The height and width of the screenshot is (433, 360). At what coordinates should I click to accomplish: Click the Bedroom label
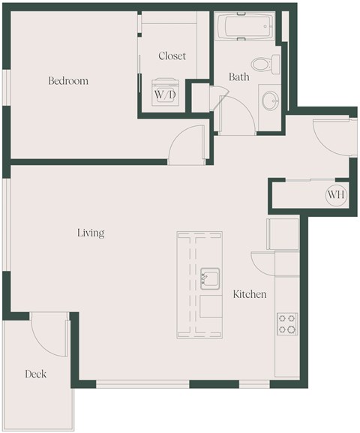(68, 81)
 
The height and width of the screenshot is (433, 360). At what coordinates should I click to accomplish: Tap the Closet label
(172, 56)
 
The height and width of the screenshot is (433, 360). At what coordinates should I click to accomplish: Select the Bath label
(239, 77)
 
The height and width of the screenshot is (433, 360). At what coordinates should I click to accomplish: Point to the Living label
(91, 233)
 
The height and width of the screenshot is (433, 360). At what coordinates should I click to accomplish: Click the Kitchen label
(249, 295)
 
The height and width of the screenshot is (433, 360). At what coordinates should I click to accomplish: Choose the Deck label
(36, 374)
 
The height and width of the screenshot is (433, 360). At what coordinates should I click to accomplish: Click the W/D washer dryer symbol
(165, 95)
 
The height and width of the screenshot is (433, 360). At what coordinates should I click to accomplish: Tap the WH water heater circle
(335, 196)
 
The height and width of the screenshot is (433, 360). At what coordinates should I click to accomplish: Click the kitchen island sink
(210, 278)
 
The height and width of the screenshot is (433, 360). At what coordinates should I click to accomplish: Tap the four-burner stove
(286, 323)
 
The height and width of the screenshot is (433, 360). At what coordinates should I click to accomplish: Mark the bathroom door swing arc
(232, 113)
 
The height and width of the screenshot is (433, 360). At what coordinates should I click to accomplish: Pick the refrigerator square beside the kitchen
(283, 234)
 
